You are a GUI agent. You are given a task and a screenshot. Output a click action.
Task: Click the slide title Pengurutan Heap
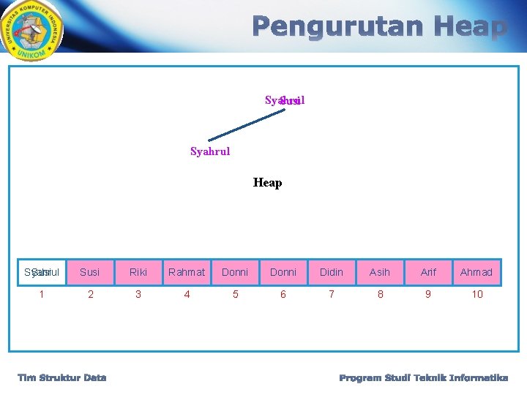(x=380, y=28)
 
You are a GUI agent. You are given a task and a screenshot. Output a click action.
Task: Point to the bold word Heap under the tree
(x=267, y=183)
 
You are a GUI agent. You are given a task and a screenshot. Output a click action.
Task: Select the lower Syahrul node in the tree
(x=210, y=151)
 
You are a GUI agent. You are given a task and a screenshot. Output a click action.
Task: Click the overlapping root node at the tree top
(x=285, y=100)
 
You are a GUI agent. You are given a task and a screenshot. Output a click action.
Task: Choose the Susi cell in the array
(x=90, y=272)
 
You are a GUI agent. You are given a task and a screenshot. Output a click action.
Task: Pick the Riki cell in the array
(x=138, y=272)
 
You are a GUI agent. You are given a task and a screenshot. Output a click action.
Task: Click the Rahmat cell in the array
(x=187, y=272)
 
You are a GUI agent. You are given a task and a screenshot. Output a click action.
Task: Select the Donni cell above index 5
(x=235, y=272)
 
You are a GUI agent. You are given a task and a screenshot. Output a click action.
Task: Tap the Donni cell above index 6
(x=283, y=272)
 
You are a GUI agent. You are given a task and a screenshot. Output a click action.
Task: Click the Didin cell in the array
(x=332, y=272)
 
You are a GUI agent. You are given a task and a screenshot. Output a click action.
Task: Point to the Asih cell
(x=380, y=272)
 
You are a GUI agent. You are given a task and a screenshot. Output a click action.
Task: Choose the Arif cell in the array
(x=428, y=272)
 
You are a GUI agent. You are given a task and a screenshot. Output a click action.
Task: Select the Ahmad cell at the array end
(x=476, y=272)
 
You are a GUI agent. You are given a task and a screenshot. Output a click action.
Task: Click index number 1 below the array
(x=42, y=294)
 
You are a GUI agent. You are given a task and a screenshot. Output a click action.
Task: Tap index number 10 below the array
(x=477, y=294)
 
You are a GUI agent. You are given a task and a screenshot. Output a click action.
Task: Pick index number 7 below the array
(x=332, y=294)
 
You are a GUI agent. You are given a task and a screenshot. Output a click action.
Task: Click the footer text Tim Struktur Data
(x=62, y=377)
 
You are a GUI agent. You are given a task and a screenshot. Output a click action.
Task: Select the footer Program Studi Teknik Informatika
(x=424, y=377)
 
